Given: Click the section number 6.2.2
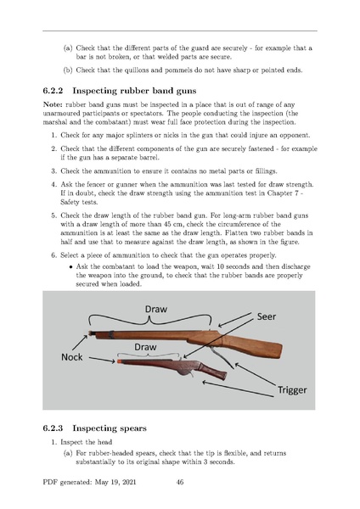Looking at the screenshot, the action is pyautogui.click(x=53, y=91).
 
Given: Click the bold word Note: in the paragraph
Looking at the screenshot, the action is pyautogui.click(x=53, y=104).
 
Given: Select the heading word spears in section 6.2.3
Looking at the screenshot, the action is pyautogui.click(x=134, y=428).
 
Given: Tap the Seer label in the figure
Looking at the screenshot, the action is pyautogui.click(x=267, y=316).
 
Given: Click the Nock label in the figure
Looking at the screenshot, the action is pyautogui.click(x=72, y=357).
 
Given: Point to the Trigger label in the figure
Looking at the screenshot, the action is pyautogui.click(x=292, y=390).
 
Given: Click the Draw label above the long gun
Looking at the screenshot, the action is pyautogui.click(x=156, y=309).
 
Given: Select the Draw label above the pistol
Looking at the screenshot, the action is pyautogui.click(x=145, y=347).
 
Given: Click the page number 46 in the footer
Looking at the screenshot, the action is pyautogui.click(x=180, y=482).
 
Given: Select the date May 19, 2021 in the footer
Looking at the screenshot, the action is pyautogui.click(x=115, y=482).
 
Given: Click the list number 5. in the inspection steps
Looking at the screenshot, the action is pyautogui.click(x=54, y=215).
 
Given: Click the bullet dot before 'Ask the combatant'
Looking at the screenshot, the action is pyautogui.click(x=70, y=267).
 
